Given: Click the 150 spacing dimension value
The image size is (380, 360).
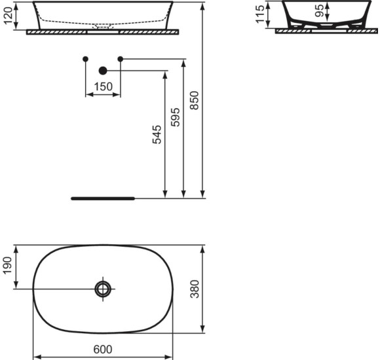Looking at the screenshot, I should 102,86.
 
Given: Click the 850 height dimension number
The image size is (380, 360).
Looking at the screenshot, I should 195,99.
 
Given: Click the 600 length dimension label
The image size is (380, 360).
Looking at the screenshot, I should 102,349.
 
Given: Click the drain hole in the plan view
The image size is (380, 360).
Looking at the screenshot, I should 103,289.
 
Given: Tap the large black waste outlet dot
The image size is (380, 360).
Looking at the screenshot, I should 102,71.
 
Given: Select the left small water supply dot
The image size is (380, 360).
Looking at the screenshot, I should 85,60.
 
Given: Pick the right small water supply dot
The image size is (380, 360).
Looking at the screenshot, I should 120,60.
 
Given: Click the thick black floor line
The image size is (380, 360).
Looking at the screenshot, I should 102,196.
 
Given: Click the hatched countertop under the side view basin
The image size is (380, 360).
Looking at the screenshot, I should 321,31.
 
